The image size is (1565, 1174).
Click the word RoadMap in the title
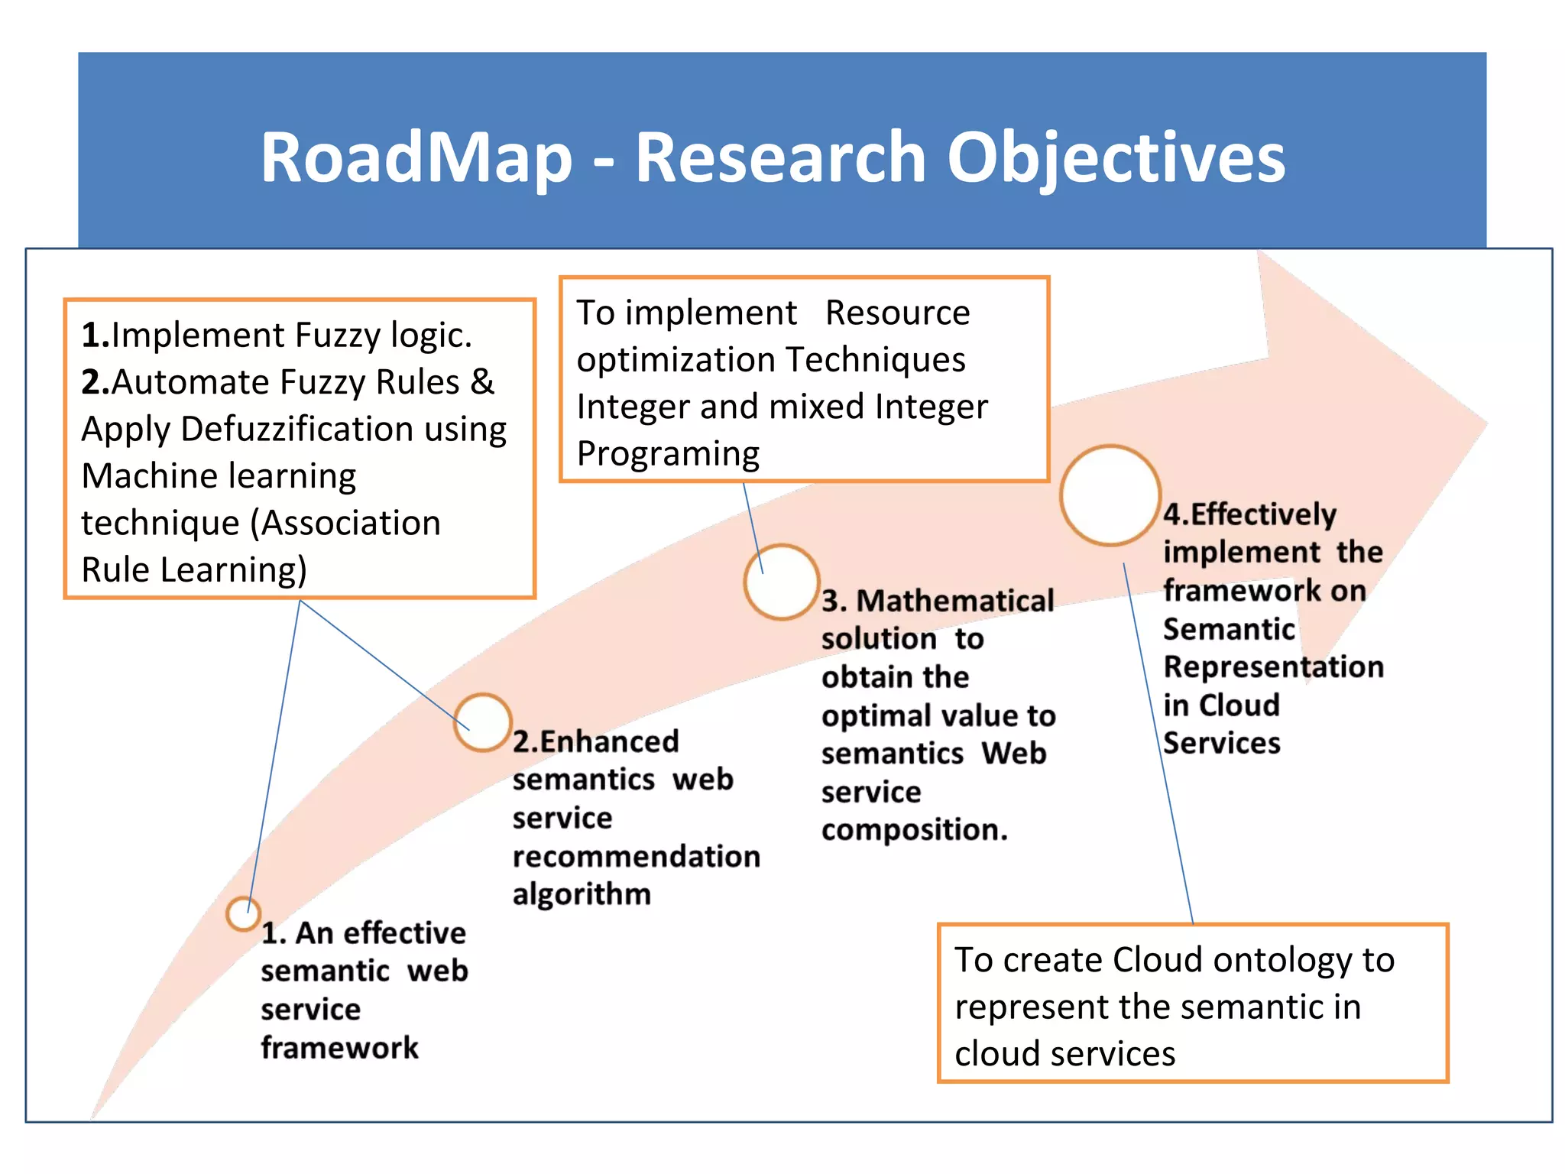click(x=416, y=157)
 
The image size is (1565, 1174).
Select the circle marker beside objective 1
click(x=243, y=913)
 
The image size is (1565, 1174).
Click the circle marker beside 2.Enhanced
click(x=482, y=722)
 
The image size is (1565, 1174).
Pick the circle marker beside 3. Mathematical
click(x=782, y=582)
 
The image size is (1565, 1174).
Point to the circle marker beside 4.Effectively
click(x=1110, y=495)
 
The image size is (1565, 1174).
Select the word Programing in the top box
click(x=668, y=454)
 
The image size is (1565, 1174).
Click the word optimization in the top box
click(x=676, y=360)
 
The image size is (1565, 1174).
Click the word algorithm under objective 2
click(x=582, y=894)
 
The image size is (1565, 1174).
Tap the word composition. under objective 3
click(x=914, y=830)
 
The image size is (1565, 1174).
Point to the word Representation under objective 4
click(x=1273, y=667)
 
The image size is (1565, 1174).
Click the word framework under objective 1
click(x=339, y=1048)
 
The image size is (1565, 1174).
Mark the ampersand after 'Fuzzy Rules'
click(x=482, y=382)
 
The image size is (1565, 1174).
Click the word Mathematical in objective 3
click(x=954, y=601)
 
